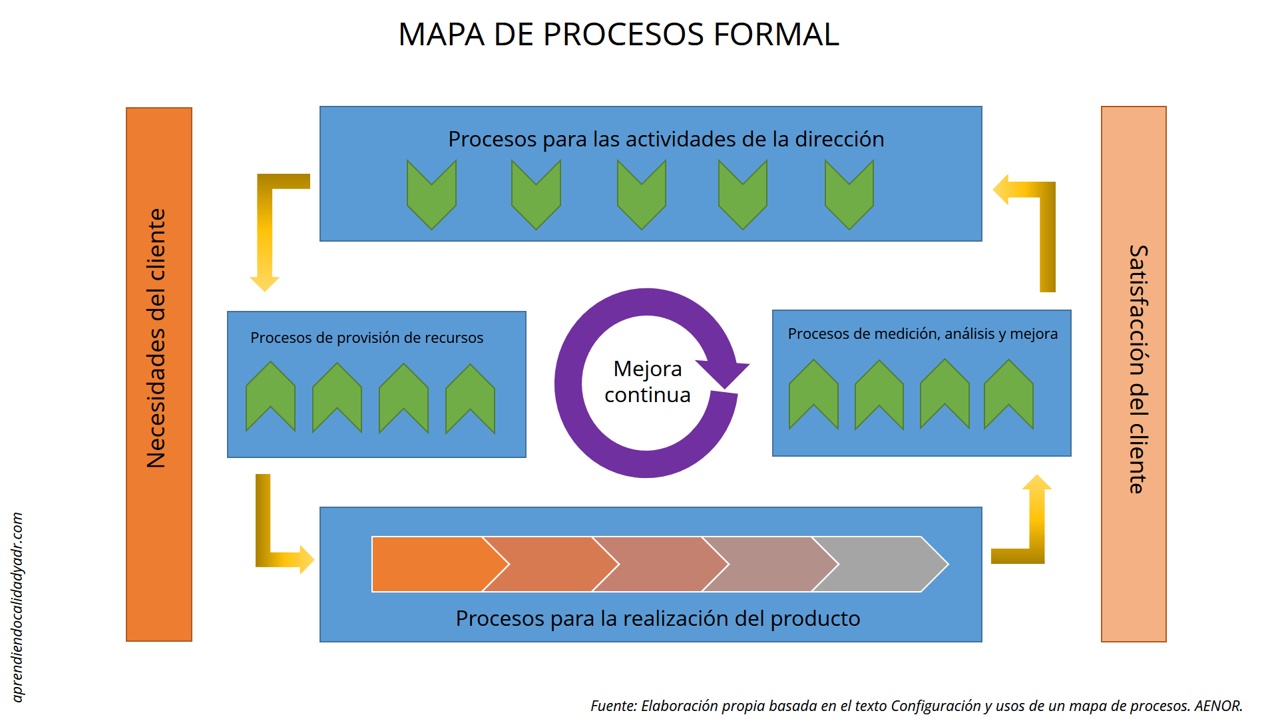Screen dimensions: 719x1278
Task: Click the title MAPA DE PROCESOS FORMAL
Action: click(x=618, y=35)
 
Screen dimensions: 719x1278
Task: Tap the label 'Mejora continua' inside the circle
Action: click(x=647, y=381)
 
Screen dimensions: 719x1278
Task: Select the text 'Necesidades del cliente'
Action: click(x=157, y=338)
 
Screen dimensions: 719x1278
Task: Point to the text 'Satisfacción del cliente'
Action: click(x=1138, y=369)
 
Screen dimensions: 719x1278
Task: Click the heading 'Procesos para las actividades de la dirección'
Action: click(x=666, y=139)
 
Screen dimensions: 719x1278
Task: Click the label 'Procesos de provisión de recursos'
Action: click(x=367, y=338)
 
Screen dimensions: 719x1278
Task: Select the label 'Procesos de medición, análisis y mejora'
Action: click(x=923, y=334)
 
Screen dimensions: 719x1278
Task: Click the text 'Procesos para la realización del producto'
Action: click(x=658, y=618)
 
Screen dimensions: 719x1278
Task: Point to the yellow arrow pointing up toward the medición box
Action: click(x=1036, y=519)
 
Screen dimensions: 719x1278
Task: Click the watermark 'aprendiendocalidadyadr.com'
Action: click(x=18, y=606)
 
